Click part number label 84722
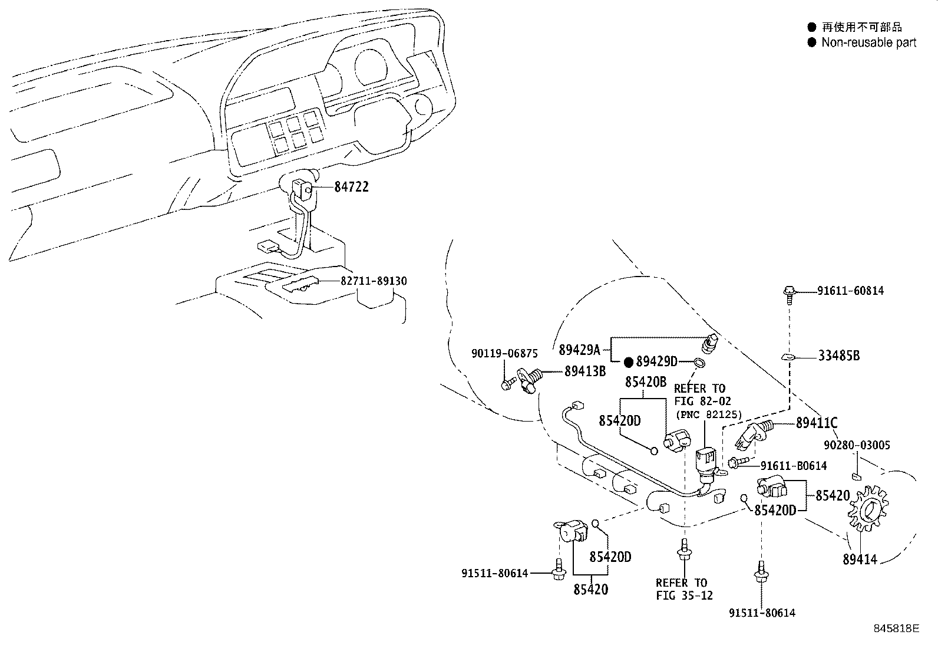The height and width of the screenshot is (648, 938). tap(351, 187)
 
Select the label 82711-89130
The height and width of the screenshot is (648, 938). tap(374, 281)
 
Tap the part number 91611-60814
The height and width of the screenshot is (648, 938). tap(850, 291)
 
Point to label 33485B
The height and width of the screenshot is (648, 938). tap(838, 356)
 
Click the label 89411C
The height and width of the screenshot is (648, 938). tap(816, 423)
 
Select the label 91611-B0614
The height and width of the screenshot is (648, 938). tap(793, 466)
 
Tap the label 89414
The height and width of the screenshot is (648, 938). tap(860, 559)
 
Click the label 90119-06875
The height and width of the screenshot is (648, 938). tap(504, 354)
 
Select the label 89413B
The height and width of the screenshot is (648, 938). tap(585, 371)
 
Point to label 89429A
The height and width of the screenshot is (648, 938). tap(579, 350)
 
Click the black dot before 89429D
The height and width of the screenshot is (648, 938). tap(629, 361)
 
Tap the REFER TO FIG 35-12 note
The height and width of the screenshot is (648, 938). tap(684, 589)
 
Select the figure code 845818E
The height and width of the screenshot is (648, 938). tap(896, 629)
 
